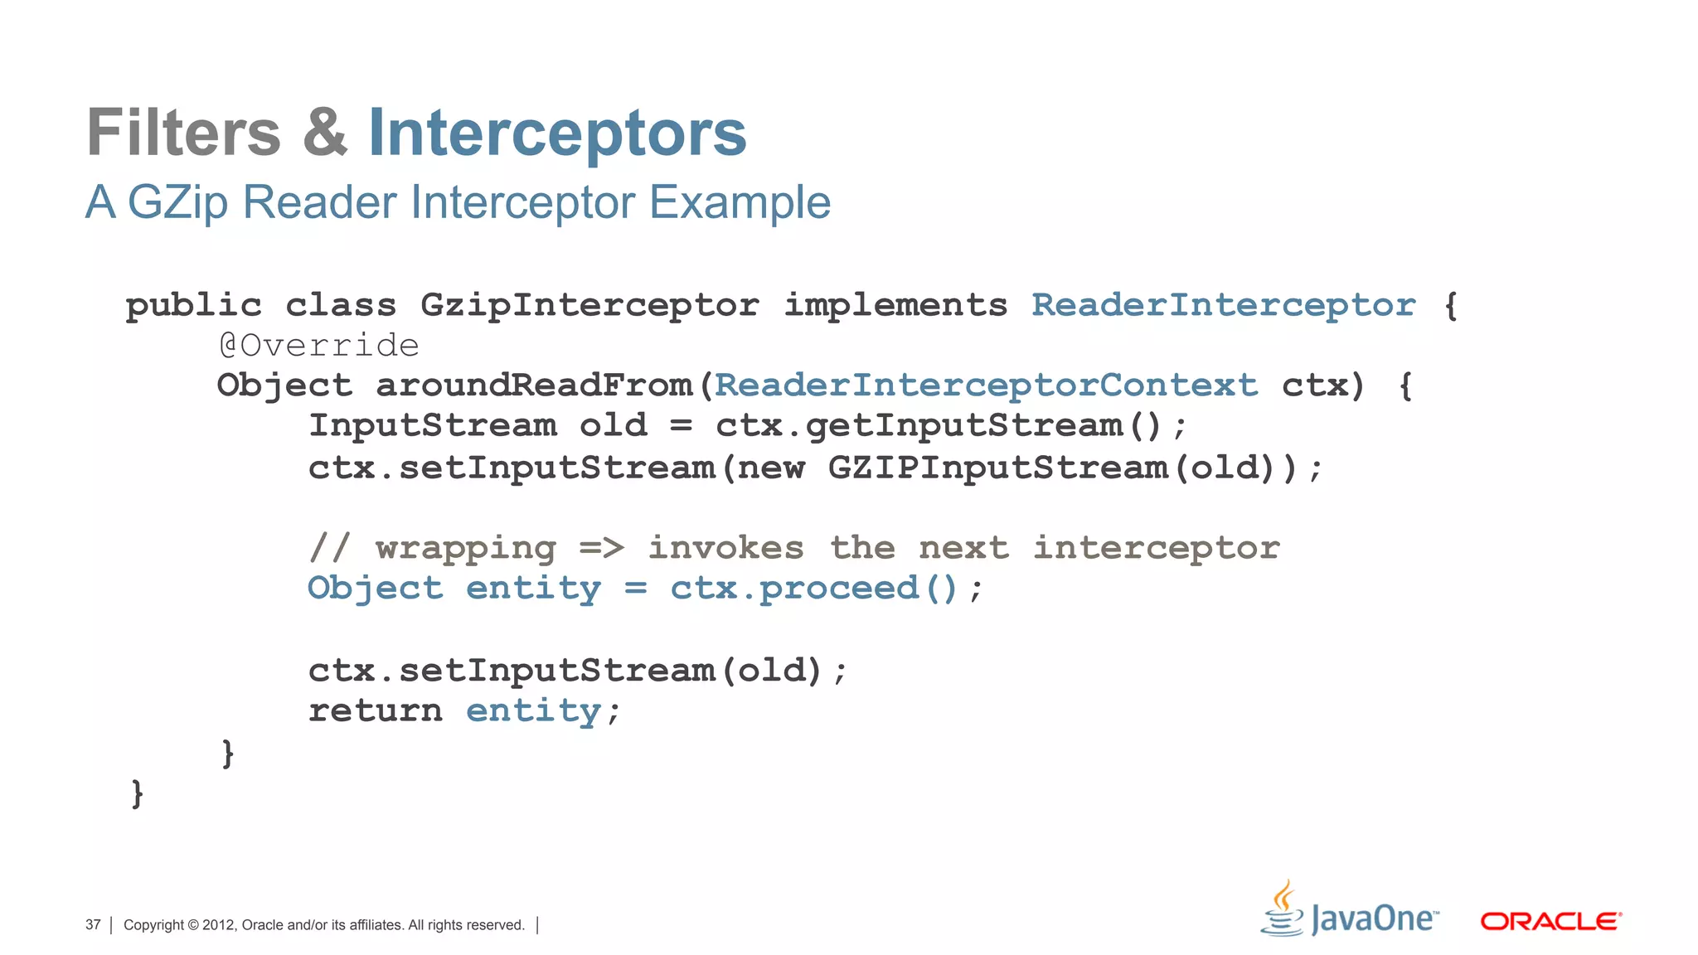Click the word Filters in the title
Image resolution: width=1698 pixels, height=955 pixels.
click(x=184, y=133)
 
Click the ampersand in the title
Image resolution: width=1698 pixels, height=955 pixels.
click(x=325, y=133)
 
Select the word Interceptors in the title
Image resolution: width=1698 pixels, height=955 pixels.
click(x=557, y=133)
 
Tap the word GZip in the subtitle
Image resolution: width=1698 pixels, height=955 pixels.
click(x=177, y=202)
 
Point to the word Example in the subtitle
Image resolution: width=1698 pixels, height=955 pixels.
click(x=740, y=202)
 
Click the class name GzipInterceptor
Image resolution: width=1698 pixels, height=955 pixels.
click(x=589, y=305)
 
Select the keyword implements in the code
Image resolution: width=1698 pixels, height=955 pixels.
click(x=895, y=305)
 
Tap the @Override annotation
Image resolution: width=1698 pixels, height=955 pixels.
click(x=319, y=345)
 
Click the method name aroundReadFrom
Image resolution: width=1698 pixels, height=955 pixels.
click(x=534, y=385)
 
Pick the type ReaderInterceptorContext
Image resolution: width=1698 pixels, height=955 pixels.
click(x=986, y=385)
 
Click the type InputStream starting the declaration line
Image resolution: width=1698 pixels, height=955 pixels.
click(x=433, y=426)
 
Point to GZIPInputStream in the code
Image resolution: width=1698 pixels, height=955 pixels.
click(x=998, y=468)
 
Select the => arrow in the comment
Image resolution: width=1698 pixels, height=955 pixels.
click(x=601, y=548)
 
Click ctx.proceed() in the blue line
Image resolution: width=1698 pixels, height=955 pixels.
click(x=814, y=589)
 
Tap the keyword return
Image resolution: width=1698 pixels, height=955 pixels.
click(x=376, y=711)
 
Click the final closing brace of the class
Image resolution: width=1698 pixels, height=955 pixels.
click(x=138, y=793)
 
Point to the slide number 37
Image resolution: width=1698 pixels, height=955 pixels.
click(x=93, y=925)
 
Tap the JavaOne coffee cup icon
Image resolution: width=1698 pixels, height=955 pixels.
click(x=1283, y=909)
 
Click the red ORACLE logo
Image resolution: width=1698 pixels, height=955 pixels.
click(x=1550, y=921)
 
